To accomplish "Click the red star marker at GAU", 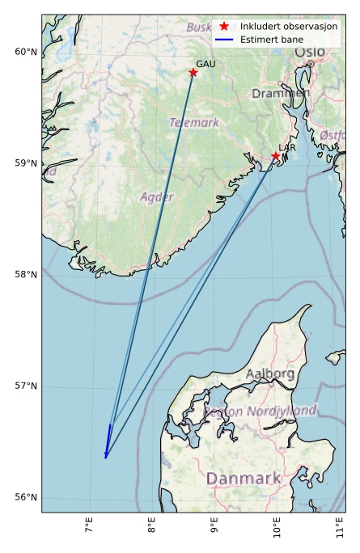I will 193,73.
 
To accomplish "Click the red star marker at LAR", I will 275,156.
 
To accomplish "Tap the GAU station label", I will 205,64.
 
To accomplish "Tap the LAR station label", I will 287,148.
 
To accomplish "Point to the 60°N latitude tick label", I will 26,53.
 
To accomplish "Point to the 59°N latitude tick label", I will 26,163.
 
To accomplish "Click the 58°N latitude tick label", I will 26,275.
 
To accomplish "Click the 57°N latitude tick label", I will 26,386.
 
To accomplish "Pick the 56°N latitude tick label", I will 26,497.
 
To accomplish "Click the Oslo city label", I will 310,52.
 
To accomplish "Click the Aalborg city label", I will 270,374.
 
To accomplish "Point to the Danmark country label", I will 243,479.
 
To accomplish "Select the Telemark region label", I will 194,123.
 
